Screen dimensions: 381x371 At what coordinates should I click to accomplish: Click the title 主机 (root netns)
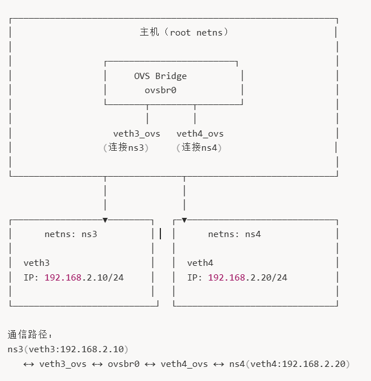[185, 32]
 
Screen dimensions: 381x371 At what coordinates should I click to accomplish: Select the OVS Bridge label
[160, 76]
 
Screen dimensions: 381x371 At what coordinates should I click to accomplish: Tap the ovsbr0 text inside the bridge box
[160, 90]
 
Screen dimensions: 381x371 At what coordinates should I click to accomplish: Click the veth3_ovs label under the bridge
[137, 134]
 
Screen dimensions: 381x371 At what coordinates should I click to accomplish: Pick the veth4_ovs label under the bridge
[200, 134]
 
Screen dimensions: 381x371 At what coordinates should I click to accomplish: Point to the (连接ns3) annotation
[125, 148]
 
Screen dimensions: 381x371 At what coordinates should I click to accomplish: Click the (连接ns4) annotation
[199, 148]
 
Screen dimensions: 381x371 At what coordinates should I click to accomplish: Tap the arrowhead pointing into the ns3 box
[105, 220]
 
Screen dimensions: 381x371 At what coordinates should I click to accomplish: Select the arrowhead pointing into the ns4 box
[184, 220]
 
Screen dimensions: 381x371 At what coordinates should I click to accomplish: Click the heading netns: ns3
[71, 234]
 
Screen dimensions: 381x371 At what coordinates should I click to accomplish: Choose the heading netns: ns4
[234, 234]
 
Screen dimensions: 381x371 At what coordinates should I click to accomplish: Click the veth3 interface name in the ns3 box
[37, 263]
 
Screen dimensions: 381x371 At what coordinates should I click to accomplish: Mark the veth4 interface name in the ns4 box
[200, 263]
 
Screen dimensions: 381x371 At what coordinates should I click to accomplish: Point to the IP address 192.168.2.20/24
[247, 278]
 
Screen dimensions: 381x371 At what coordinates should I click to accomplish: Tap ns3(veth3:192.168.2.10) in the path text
[68, 349]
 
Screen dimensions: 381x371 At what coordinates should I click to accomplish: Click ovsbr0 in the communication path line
[124, 364]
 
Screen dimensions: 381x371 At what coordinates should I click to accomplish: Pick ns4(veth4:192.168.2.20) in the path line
[290, 364]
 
